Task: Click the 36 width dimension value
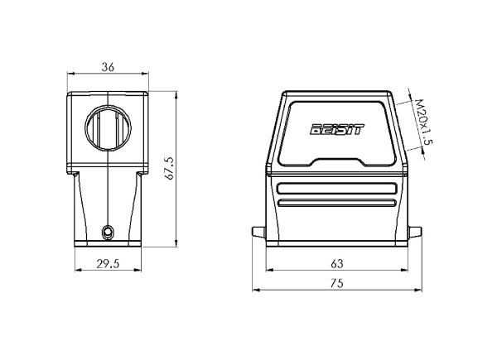108,67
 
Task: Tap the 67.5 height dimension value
170,169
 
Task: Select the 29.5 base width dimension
108,263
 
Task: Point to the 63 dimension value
336,263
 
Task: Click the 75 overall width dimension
336,283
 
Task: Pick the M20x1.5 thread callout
424,122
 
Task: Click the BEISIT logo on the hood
337,129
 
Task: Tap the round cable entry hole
108,128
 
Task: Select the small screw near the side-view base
108,233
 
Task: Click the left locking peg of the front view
258,232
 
